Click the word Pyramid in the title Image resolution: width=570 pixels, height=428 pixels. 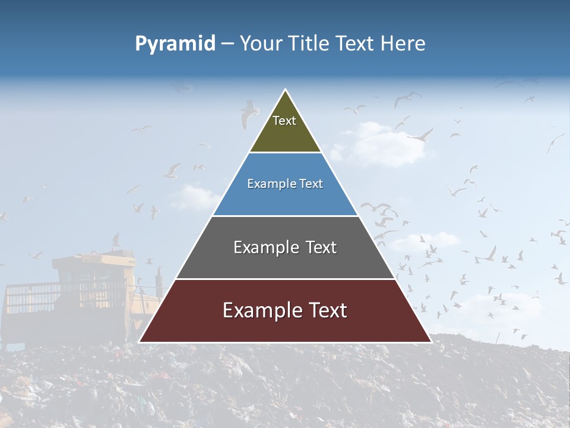coord(175,44)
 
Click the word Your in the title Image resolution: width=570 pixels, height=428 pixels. coord(260,44)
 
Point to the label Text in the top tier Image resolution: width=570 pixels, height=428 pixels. coord(284,121)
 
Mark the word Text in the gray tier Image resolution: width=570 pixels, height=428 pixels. coord(321,247)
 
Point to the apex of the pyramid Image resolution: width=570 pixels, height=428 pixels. coord(286,90)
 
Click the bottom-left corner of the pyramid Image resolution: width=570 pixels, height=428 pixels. coord(140,342)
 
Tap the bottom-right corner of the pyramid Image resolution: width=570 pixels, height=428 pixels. coord(431,342)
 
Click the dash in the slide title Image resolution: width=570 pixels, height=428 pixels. coord(227,44)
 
